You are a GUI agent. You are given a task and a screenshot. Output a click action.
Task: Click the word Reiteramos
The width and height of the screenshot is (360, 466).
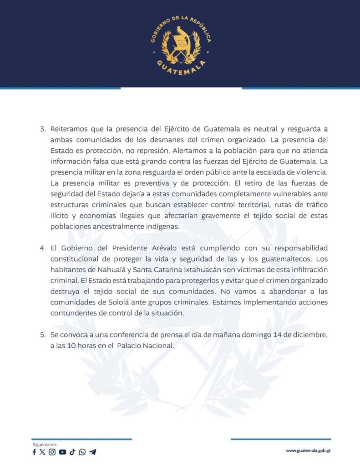click(68, 129)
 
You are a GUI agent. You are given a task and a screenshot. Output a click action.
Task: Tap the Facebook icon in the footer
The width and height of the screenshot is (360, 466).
click(34, 452)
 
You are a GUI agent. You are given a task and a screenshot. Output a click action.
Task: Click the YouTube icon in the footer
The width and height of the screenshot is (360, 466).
click(62, 452)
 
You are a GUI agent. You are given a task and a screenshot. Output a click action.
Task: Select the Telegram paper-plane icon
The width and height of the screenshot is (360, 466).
click(93, 452)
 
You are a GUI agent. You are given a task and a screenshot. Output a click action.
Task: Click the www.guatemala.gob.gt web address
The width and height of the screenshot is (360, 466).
click(308, 451)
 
